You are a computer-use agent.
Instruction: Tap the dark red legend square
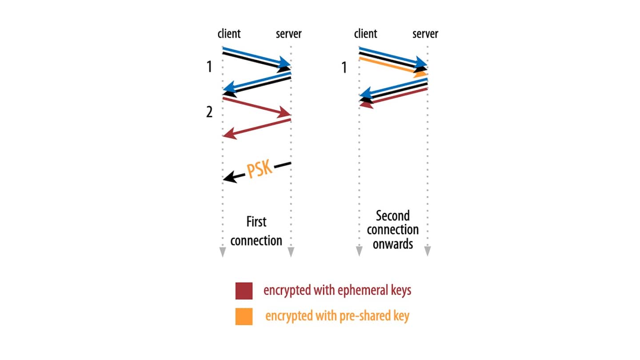point(244,291)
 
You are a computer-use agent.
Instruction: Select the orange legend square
point(244,316)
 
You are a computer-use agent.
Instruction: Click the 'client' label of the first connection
point(229,34)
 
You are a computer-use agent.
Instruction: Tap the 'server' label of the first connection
point(288,34)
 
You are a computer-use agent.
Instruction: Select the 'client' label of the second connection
point(365,34)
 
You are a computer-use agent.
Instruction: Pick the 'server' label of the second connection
point(425,34)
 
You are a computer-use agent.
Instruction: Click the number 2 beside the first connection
point(209,112)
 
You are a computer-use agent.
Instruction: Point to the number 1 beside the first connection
point(209,67)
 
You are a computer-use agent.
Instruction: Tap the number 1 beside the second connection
point(343,68)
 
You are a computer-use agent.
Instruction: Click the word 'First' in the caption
point(256,221)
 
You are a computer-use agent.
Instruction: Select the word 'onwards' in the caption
point(393,244)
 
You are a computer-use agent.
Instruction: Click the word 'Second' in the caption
point(392,216)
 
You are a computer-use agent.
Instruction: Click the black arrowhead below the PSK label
point(228,178)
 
